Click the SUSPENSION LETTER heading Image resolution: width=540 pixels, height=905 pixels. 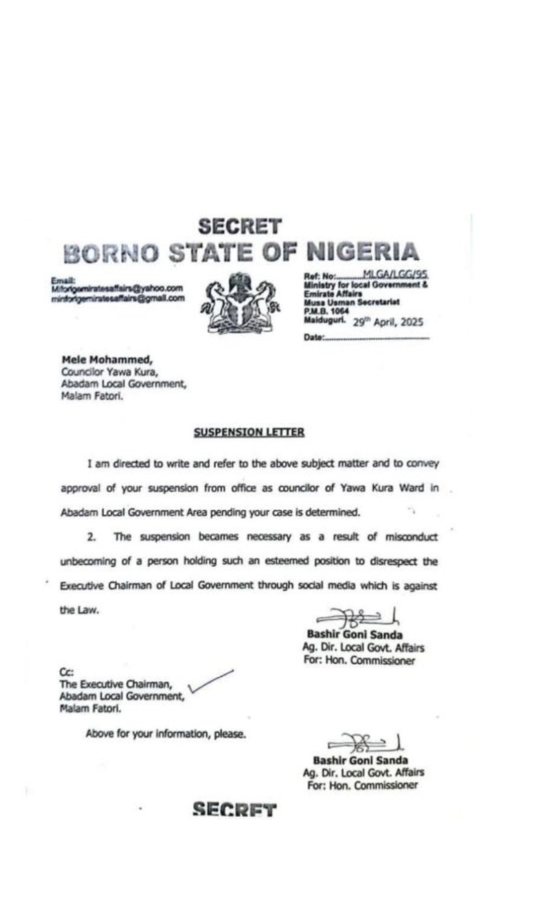[x=248, y=432]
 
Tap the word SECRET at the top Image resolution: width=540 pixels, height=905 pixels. [x=240, y=226]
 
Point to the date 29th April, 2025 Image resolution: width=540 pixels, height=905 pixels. [x=387, y=322]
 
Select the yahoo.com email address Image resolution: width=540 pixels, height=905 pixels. [x=117, y=288]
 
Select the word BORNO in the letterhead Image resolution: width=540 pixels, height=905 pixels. [x=112, y=253]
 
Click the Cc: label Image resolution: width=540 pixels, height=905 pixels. [x=66, y=673]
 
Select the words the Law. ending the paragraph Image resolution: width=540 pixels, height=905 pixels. [x=79, y=611]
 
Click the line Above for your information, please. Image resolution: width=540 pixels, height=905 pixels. [x=166, y=734]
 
